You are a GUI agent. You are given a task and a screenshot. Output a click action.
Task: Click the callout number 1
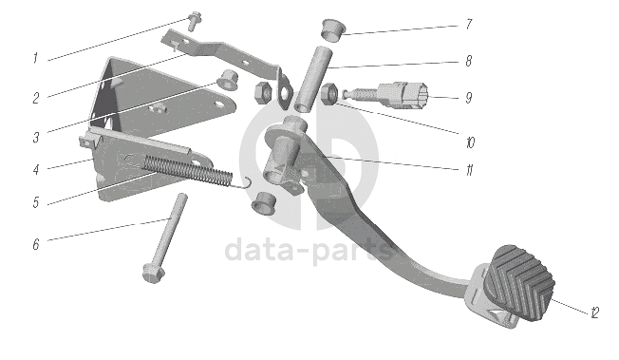pyautogui.click(x=35, y=59)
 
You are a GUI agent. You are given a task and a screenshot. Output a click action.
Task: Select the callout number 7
pyautogui.click(x=469, y=24)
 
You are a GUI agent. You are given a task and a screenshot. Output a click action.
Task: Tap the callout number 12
pyautogui.click(x=595, y=313)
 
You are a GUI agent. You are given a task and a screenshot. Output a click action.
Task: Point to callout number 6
pyautogui.click(x=36, y=244)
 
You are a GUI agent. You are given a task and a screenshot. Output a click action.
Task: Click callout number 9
pyautogui.click(x=469, y=98)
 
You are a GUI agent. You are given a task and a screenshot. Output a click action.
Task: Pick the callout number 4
pyautogui.click(x=36, y=170)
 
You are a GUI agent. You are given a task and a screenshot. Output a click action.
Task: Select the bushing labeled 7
pyautogui.click(x=333, y=29)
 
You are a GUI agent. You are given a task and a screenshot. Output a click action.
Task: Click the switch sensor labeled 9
pyautogui.click(x=387, y=96)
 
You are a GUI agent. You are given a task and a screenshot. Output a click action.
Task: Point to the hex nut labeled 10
pyautogui.click(x=328, y=95)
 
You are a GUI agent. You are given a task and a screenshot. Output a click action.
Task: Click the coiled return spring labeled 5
pyautogui.click(x=189, y=170)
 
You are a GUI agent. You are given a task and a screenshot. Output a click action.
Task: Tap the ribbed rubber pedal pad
pyautogui.click(x=520, y=281)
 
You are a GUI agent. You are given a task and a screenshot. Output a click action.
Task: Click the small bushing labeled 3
pyautogui.click(x=227, y=80)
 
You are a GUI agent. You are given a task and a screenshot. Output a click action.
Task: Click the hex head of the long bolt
pyautogui.click(x=153, y=274)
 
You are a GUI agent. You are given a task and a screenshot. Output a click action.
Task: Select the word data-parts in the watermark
pyautogui.click(x=309, y=250)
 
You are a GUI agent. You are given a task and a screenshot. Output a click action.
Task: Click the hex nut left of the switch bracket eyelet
pyautogui.click(x=263, y=93)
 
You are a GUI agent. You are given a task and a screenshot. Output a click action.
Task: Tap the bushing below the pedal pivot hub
pyautogui.click(x=264, y=203)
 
